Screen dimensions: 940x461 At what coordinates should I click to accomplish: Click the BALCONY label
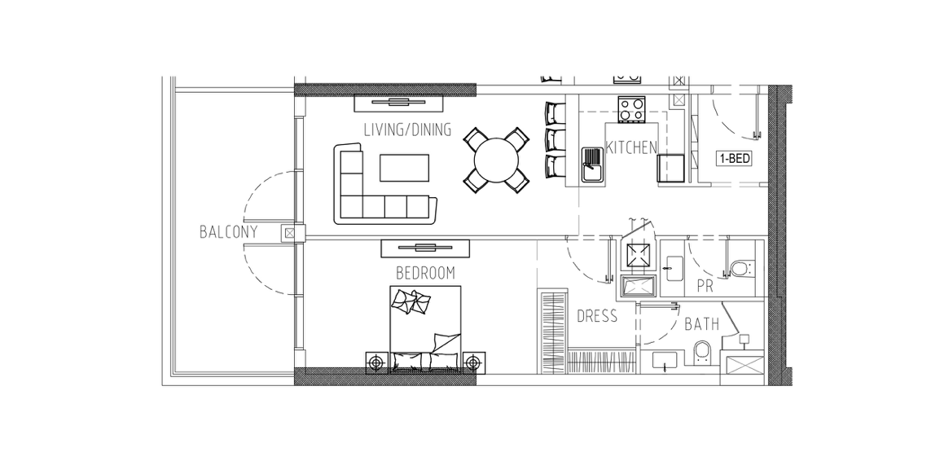pos(228,232)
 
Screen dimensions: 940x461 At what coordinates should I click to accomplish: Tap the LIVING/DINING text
pos(407,130)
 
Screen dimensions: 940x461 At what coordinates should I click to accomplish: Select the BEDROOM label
pos(426,274)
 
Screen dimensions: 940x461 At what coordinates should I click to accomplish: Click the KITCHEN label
pos(631,147)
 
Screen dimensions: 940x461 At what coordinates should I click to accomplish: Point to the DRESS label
pos(597,316)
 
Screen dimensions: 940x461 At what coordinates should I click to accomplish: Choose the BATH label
pos(702,325)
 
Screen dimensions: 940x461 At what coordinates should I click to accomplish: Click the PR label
pos(705,287)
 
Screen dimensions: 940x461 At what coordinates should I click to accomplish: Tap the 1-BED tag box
pos(735,159)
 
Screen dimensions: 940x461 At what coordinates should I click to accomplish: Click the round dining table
pos(496,160)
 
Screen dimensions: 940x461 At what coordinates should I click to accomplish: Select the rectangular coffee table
pos(405,167)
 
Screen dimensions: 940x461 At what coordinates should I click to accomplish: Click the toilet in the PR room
pos(741,267)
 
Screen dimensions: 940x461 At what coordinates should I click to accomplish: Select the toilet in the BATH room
pos(702,353)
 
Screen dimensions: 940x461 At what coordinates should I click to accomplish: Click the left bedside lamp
pos(377,362)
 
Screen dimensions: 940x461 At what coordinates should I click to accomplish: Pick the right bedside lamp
pos(473,362)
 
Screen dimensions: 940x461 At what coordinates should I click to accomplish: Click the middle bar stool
pos(556,139)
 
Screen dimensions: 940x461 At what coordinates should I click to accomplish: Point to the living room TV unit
pos(398,103)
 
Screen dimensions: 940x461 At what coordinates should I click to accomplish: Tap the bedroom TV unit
pos(425,248)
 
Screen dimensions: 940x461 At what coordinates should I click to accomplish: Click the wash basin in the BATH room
pos(664,360)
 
